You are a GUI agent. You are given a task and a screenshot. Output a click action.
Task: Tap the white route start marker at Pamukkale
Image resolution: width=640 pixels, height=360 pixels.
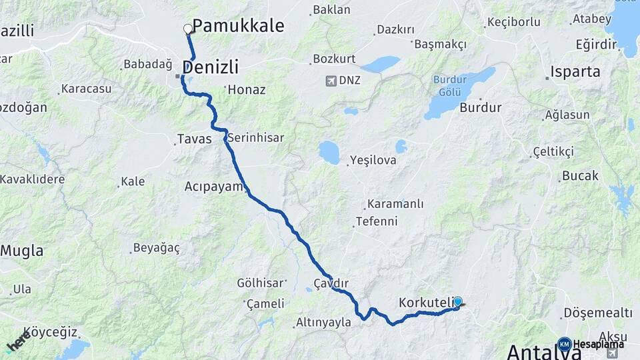pos(188,29)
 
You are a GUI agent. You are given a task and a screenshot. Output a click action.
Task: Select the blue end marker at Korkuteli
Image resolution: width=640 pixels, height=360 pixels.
pos(458,301)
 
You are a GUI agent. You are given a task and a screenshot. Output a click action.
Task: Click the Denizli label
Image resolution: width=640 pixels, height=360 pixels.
pos(210,67)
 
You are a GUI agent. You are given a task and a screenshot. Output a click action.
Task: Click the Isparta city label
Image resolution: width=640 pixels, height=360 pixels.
pos(575,71)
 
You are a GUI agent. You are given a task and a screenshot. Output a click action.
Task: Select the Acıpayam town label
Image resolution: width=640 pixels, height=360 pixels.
pos(213,187)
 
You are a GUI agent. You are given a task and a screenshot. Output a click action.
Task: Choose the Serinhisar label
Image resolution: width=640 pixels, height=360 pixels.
pos(255,138)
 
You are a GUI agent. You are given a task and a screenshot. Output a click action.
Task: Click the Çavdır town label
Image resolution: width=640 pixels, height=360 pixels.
pos(331,283)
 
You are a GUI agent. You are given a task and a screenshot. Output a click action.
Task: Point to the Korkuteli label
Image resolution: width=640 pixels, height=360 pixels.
pos(425,303)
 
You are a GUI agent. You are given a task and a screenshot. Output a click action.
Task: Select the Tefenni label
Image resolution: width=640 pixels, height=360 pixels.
pos(377,221)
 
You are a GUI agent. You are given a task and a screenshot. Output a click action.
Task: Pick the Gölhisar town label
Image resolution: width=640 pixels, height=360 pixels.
pos(261,283)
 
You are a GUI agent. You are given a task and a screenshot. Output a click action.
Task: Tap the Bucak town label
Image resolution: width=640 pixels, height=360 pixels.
pos(580,176)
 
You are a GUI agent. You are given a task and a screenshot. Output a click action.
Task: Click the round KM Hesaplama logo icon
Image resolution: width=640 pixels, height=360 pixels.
pos(564,344)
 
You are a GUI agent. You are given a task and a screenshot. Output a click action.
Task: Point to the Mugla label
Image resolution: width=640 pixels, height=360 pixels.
pos(22,251)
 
